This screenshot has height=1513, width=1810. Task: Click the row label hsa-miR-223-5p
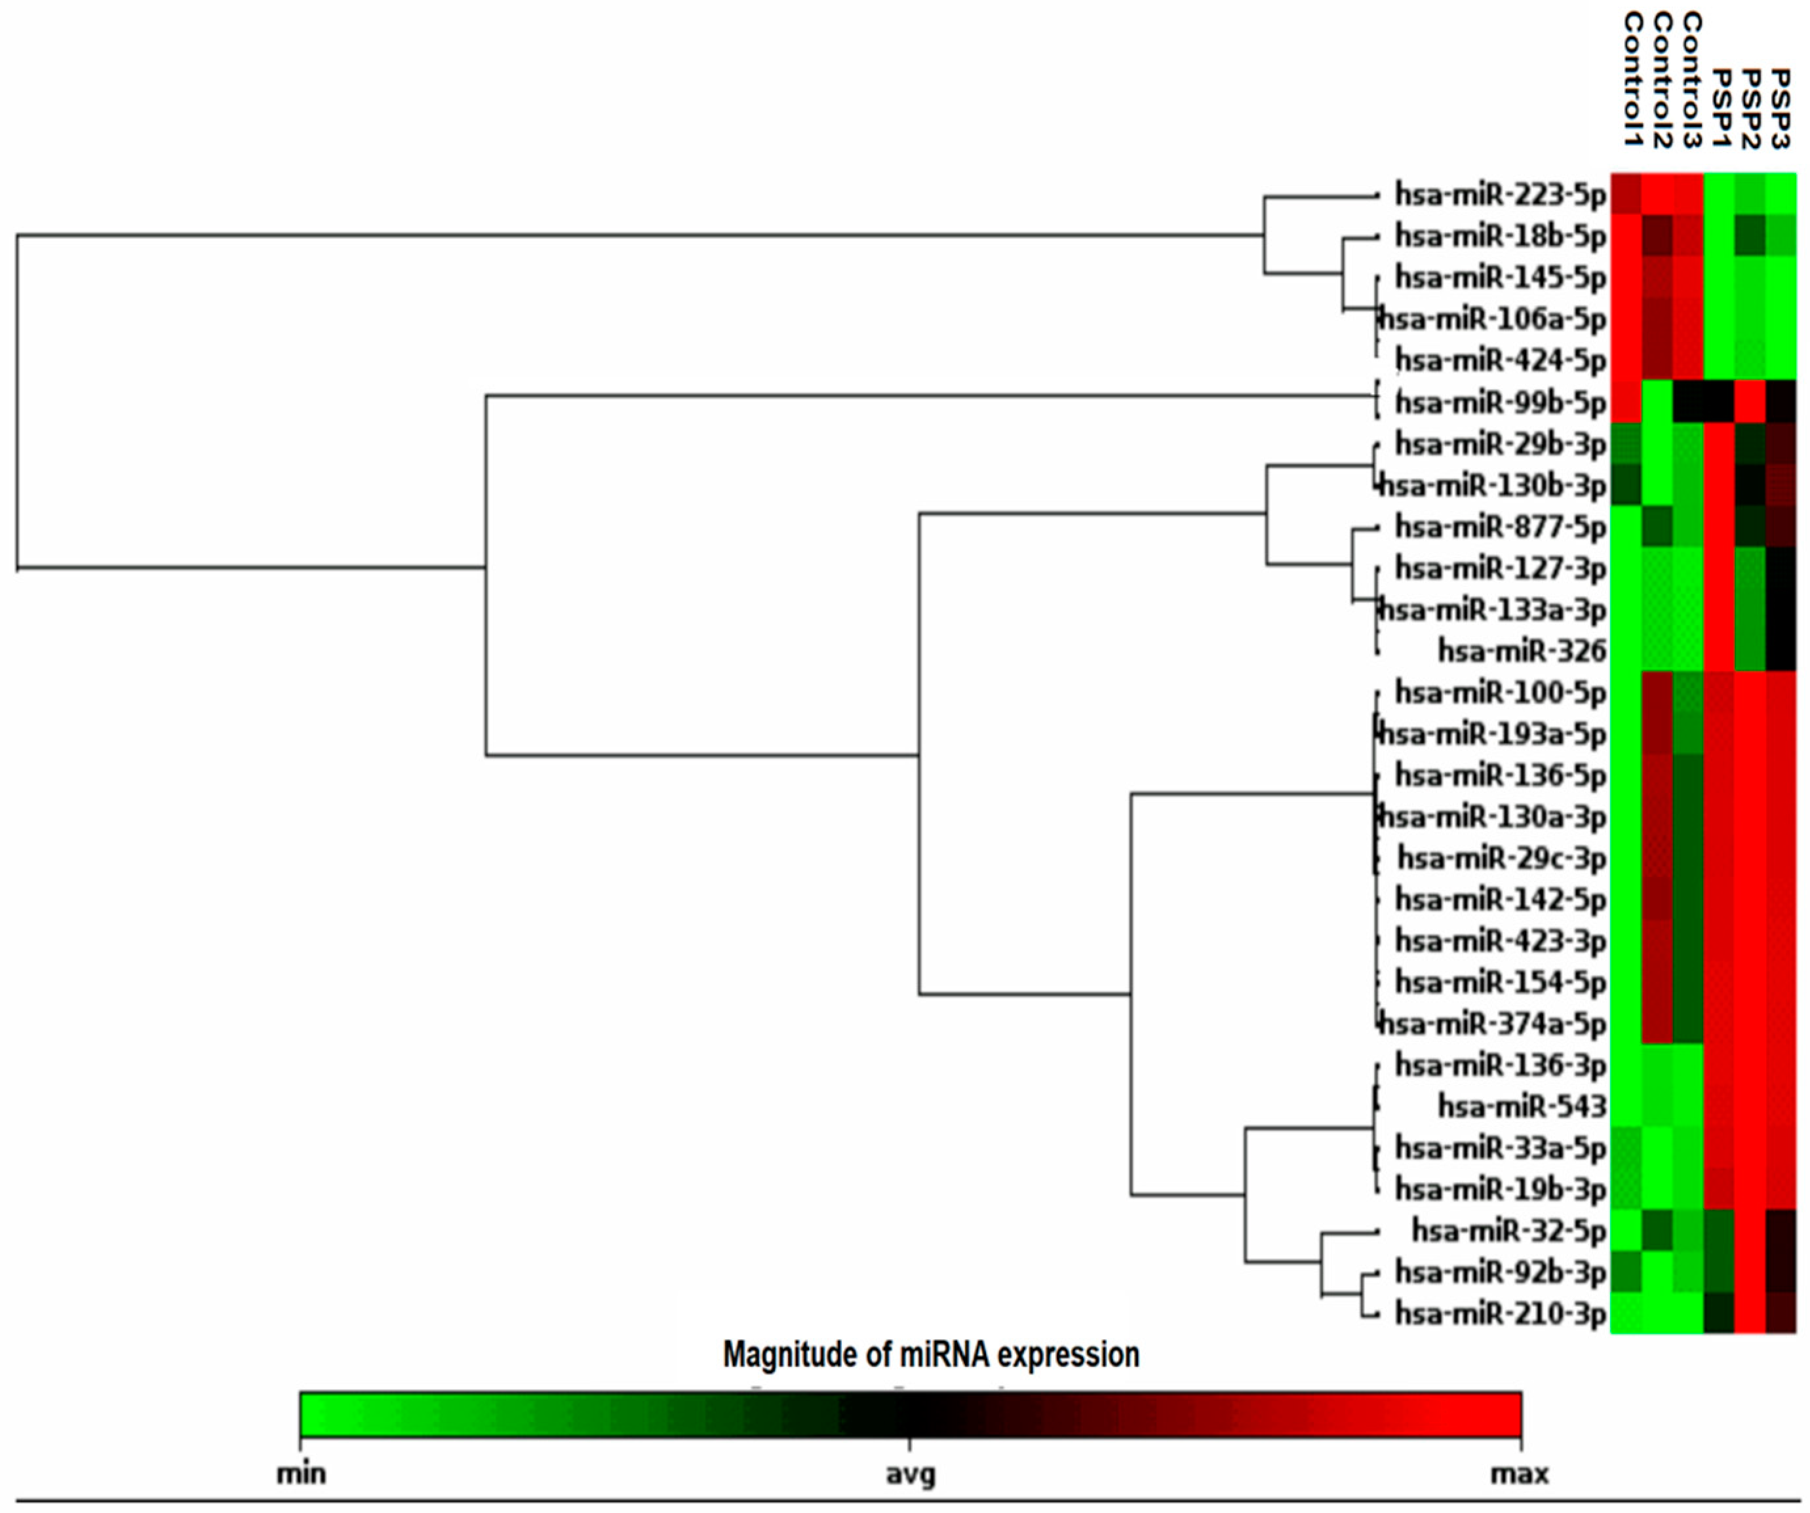click(x=1501, y=195)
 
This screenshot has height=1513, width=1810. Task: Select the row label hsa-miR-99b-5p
click(x=1501, y=402)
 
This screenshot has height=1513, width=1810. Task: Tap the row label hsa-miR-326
click(x=1522, y=651)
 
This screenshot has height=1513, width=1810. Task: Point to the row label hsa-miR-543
click(x=1522, y=1106)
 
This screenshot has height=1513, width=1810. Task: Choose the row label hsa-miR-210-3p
click(x=1501, y=1314)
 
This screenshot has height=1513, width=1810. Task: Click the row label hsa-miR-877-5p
click(x=1501, y=526)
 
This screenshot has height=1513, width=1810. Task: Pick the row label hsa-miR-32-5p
click(x=1508, y=1231)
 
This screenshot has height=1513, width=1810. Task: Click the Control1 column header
click(x=1632, y=79)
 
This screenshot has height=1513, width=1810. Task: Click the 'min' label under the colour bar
click(x=301, y=1474)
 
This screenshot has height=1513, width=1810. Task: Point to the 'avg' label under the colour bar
click(x=910, y=1475)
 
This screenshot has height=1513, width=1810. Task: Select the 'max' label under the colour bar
click(x=1520, y=1474)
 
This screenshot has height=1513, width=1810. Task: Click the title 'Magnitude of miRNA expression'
click(x=931, y=1355)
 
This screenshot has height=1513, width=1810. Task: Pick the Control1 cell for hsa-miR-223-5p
click(x=1626, y=195)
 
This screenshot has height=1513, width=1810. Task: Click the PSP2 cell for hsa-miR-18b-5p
click(x=1750, y=236)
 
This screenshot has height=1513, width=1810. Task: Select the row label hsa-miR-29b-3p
click(x=1501, y=444)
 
